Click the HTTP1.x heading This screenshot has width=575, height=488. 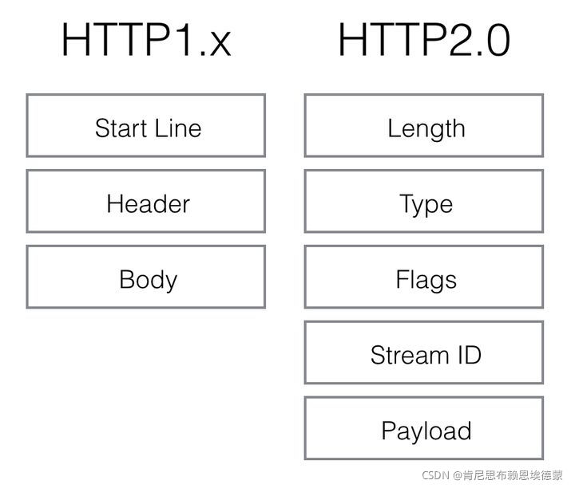pyautogui.click(x=146, y=40)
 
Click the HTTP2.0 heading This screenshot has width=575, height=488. pyautogui.click(x=424, y=40)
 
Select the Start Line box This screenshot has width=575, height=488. pyautogui.click(x=146, y=126)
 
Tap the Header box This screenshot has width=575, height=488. pyautogui.click(x=146, y=202)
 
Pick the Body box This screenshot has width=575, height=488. pyautogui.click(x=146, y=277)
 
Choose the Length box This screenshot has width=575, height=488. pyautogui.click(x=424, y=126)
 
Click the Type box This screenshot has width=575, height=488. pyautogui.click(x=424, y=202)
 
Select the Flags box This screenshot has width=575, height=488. pyautogui.click(x=424, y=277)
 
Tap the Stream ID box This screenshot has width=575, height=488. pyautogui.click(x=424, y=353)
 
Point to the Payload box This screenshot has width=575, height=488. pyautogui.click(x=424, y=429)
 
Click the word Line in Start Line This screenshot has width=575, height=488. pyautogui.click(x=180, y=128)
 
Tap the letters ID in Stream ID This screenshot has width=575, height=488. pyautogui.click(x=467, y=355)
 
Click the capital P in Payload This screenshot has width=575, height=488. pyautogui.click(x=387, y=431)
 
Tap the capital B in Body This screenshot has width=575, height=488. pyautogui.click(x=126, y=279)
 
